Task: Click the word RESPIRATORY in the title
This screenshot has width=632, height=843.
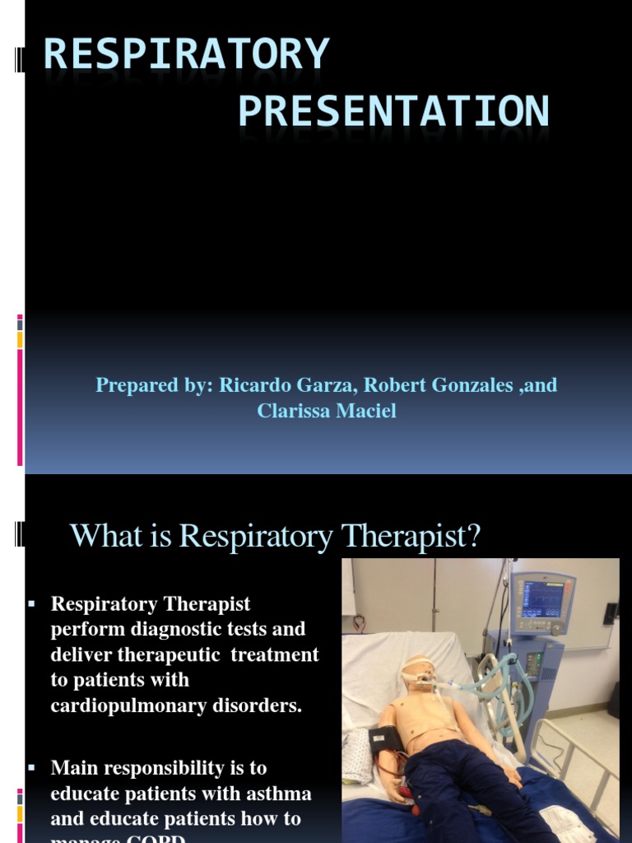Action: click(187, 54)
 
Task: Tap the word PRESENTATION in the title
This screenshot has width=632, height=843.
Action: click(393, 111)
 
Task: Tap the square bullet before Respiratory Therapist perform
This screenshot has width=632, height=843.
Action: click(32, 604)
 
